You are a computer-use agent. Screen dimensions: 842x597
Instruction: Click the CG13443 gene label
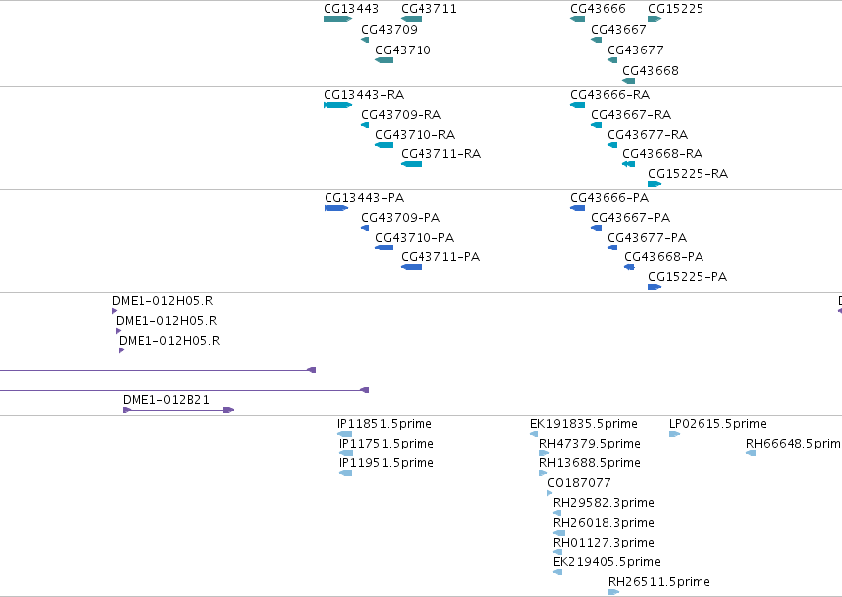351,9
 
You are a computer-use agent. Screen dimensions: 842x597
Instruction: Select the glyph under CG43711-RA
412,164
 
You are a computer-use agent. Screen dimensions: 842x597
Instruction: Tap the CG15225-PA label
688,277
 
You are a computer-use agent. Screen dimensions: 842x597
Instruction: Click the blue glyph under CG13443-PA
336,208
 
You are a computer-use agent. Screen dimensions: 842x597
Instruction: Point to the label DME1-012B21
166,399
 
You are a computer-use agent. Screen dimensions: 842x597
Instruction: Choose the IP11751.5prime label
387,444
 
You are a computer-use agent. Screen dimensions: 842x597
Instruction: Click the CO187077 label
579,482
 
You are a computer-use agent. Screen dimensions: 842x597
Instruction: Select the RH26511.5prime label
659,581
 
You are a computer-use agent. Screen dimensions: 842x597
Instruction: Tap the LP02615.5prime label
717,424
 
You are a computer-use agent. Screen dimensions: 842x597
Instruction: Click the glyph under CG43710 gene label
384,60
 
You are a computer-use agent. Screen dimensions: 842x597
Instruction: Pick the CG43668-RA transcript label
663,154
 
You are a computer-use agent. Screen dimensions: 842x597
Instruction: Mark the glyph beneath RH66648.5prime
751,453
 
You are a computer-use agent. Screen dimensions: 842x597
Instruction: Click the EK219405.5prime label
607,562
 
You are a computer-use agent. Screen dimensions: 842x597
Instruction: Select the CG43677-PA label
647,237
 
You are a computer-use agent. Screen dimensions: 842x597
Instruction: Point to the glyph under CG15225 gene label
655,19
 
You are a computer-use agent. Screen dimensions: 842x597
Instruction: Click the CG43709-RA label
401,115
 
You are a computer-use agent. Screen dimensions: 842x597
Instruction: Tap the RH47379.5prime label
590,444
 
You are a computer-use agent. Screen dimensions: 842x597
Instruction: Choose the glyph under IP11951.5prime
346,473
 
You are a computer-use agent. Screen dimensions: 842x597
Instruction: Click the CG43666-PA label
609,198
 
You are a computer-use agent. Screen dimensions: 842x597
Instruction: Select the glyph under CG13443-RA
337,105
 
